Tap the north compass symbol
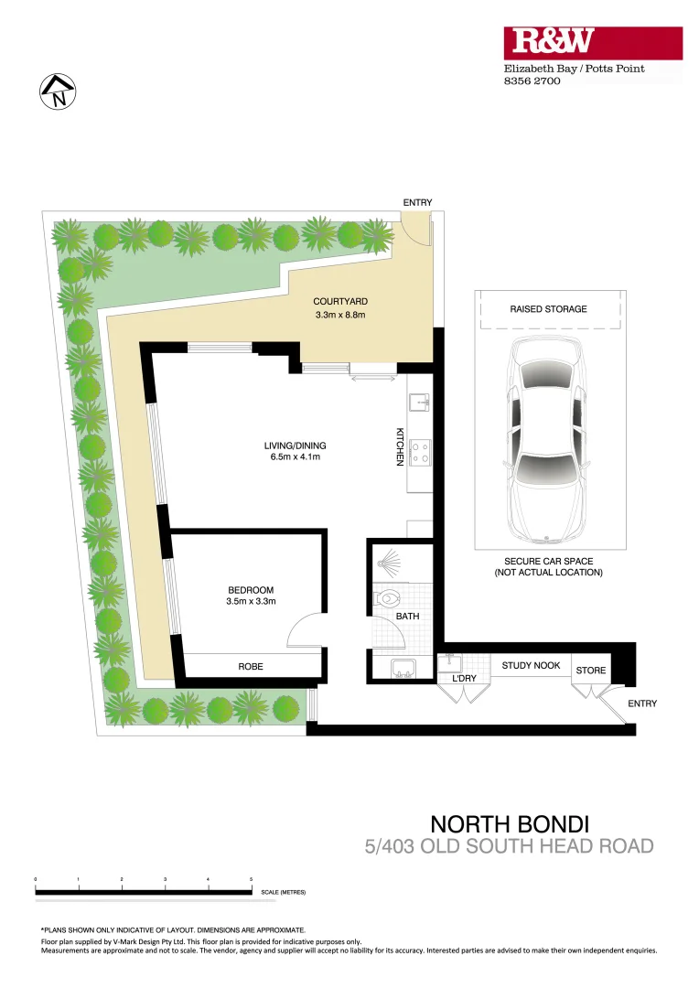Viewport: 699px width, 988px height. pos(58,91)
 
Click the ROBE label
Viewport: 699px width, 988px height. pos(251,667)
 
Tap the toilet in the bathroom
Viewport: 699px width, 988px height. pos(386,600)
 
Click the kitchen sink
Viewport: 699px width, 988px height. pos(420,402)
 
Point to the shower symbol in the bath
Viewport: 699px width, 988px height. pos(390,560)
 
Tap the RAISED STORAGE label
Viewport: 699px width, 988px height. pos(548,309)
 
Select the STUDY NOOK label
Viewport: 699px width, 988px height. pos(531,665)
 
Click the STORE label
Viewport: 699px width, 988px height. pos(590,671)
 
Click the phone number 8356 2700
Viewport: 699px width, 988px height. pos(532,81)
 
